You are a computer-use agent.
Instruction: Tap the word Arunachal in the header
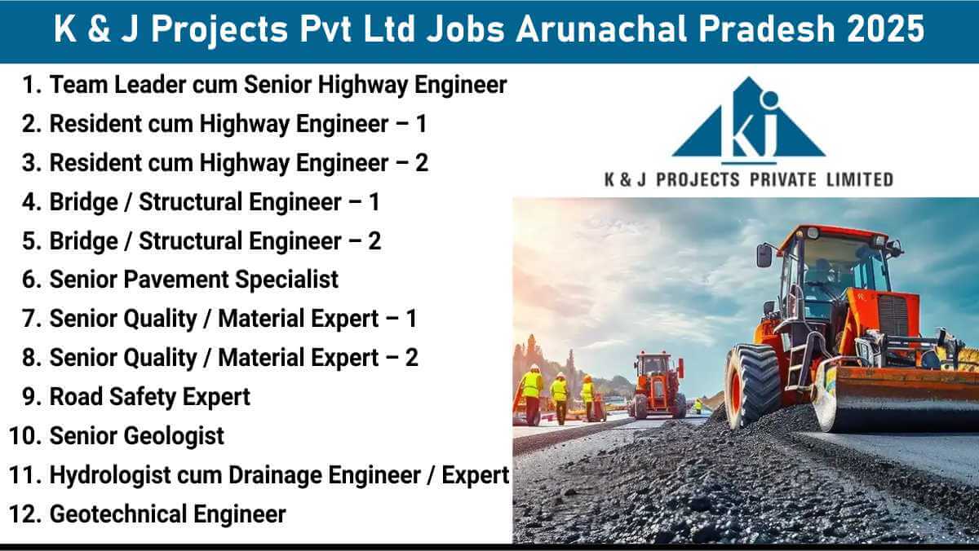(x=602, y=29)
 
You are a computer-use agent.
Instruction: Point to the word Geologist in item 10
(x=174, y=436)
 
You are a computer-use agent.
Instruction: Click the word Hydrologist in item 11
(x=110, y=475)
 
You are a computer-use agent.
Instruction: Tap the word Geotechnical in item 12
(x=118, y=514)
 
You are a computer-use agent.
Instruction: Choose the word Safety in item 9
(x=142, y=397)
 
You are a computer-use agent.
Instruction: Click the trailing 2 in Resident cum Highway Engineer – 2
(x=421, y=163)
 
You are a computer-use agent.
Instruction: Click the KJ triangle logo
(x=749, y=120)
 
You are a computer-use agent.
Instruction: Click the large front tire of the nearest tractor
(x=751, y=387)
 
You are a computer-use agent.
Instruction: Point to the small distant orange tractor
(x=657, y=385)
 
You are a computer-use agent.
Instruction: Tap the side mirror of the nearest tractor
(x=764, y=255)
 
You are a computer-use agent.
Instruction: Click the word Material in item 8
(x=299, y=358)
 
